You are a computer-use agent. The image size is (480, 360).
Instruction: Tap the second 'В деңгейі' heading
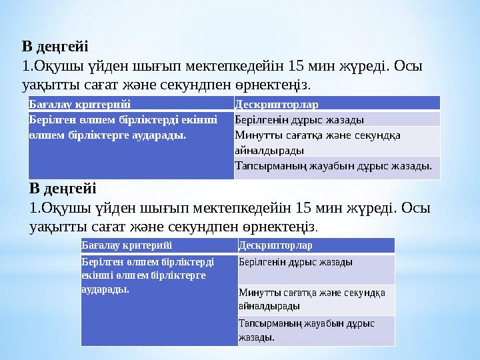coord(63,189)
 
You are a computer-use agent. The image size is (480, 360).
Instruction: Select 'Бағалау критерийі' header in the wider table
coord(79,104)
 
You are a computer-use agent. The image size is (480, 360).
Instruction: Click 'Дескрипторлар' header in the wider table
coord(277,104)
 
